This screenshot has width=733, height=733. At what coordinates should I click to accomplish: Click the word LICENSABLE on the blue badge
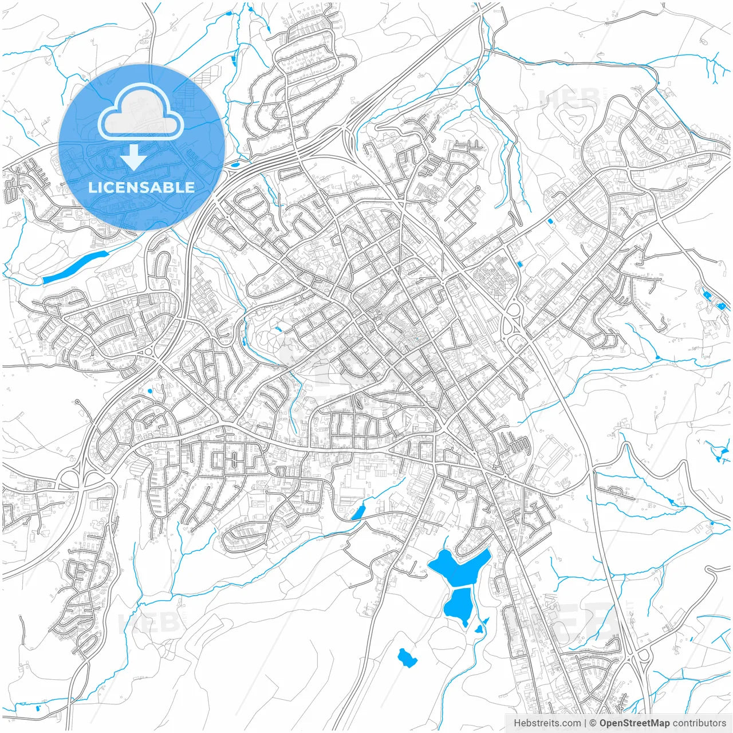tap(141, 187)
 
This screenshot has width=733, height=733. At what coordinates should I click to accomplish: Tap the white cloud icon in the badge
tap(141, 112)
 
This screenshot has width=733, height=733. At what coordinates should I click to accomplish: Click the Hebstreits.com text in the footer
tap(547, 723)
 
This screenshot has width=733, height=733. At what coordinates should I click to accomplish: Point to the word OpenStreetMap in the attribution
tap(634, 723)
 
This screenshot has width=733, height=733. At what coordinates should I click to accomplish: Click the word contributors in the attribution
tap(699, 723)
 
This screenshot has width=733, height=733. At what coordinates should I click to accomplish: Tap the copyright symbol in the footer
tap(593, 723)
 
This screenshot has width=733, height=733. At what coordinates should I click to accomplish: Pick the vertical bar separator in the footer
tap(585, 723)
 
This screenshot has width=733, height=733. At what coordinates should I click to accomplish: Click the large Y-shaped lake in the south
tap(458, 567)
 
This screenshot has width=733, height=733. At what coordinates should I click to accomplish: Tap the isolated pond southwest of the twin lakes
tap(407, 657)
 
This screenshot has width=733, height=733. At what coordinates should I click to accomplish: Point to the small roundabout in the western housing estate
tap(149, 351)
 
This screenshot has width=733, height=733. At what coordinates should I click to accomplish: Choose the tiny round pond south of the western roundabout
tap(150, 392)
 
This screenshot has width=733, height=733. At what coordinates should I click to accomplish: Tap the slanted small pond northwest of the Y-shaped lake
tap(357, 513)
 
